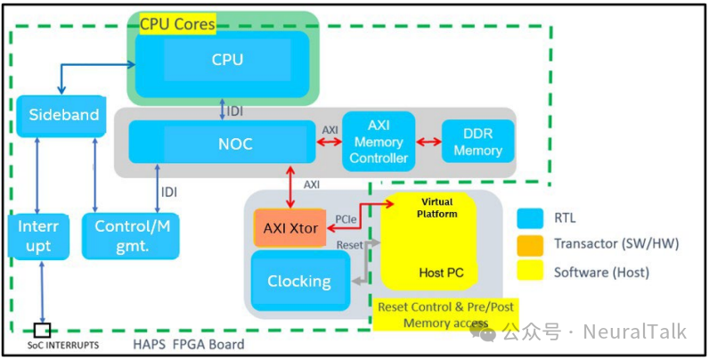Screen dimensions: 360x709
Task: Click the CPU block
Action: tap(226, 61)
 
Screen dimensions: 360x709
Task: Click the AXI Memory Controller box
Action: tap(379, 142)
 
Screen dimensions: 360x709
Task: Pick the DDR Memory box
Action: tap(477, 142)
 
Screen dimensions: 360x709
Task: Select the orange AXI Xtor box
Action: tap(290, 228)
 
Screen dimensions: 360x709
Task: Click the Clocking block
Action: tap(298, 281)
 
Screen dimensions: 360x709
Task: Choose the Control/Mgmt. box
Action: tap(125, 235)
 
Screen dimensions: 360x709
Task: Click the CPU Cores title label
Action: tap(177, 24)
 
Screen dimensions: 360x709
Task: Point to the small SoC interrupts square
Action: tap(42, 329)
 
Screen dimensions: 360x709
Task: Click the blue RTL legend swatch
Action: tap(531, 217)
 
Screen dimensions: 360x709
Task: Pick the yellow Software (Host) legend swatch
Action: tap(531, 272)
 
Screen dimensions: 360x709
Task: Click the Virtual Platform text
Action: tap(437, 208)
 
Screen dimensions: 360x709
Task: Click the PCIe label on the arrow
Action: tap(346, 217)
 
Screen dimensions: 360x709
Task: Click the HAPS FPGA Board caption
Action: tap(189, 344)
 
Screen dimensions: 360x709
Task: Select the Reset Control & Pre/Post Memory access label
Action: tap(445, 315)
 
